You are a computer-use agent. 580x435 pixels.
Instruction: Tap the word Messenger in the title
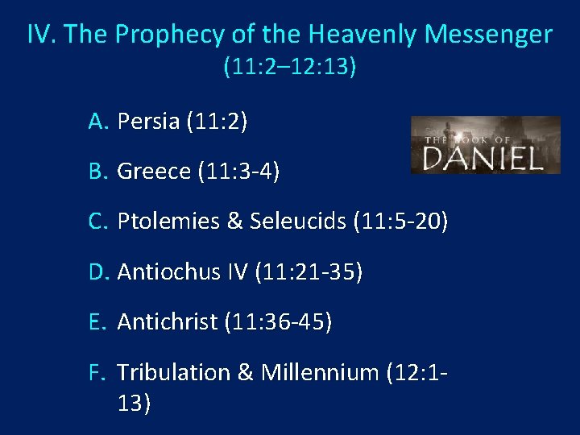[x=488, y=35]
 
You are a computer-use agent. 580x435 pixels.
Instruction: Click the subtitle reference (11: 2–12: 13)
[x=290, y=67]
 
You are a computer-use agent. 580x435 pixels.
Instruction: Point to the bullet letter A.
[x=98, y=122]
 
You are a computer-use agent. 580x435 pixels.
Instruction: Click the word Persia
[x=148, y=122]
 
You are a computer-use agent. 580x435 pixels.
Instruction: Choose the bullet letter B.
[x=98, y=172]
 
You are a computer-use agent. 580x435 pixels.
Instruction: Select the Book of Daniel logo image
[x=485, y=145]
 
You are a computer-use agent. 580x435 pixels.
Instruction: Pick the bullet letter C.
[x=98, y=222]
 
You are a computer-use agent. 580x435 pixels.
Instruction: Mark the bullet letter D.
[x=98, y=272]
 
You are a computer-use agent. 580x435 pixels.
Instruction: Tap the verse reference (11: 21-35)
[x=309, y=272]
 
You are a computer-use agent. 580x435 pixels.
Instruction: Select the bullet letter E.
[x=98, y=322]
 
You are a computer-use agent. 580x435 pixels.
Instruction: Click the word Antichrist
[x=168, y=322]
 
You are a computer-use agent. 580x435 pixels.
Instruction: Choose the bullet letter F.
[x=98, y=372]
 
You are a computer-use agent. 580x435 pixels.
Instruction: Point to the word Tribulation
[x=173, y=372]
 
